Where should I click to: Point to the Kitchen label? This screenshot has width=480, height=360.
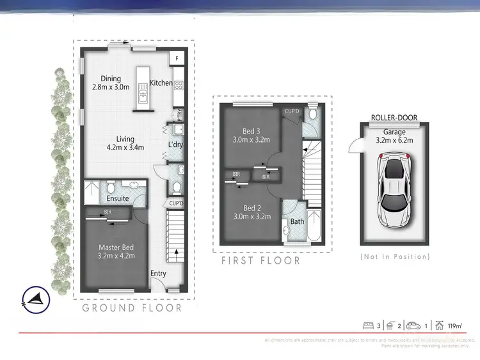click(160, 83)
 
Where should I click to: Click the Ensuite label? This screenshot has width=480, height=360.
click(117, 199)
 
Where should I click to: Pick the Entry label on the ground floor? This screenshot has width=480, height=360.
click(158, 274)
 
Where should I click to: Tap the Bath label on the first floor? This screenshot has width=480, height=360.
click(297, 222)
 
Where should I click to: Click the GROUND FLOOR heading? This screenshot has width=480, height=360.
click(132, 308)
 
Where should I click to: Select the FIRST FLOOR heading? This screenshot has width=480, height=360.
click(260, 261)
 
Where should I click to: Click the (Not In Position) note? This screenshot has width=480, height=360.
click(394, 256)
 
